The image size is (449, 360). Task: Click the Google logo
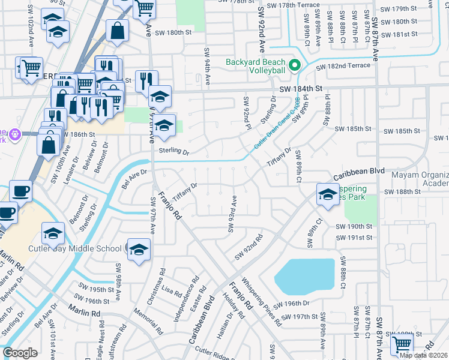(x=20, y=353)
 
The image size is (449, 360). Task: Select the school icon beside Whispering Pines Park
(x=328, y=194)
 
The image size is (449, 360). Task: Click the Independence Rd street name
(x=187, y=298)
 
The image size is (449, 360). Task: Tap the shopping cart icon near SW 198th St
(x=402, y=344)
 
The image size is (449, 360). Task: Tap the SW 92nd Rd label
(x=249, y=247)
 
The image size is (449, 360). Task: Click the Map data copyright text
(x=423, y=355)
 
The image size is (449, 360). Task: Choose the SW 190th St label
(x=354, y=227)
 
